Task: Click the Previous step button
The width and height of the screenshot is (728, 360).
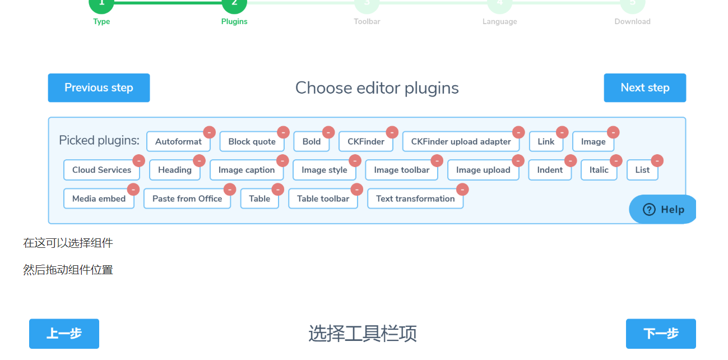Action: click(x=99, y=88)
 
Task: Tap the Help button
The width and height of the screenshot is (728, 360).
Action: click(x=663, y=209)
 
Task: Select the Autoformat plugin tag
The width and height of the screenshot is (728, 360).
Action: click(x=178, y=141)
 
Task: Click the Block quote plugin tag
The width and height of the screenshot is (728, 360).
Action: click(x=252, y=141)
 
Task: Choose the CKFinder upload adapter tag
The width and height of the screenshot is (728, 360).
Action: click(x=461, y=141)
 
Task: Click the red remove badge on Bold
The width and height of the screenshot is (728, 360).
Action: click(x=328, y=132)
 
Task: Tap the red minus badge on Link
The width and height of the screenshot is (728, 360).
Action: click(x=562, y=132)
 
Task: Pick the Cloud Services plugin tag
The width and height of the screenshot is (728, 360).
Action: click(x=101, y=170)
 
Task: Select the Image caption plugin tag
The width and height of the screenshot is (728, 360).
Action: click(x=247, y=170)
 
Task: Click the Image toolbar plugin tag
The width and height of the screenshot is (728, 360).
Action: click(x=401, y=170)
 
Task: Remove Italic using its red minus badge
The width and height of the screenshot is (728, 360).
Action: click(x=616, y=161)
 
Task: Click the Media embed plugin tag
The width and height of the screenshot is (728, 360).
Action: click(x=99, y=199)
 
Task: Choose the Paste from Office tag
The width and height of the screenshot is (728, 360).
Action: click(x=187, y=199)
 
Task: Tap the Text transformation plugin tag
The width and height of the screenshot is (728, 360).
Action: click(x=415, y=199)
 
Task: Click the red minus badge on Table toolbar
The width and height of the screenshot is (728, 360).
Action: click(x=356, y=190)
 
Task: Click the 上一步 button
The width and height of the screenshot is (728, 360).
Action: click(x=64, y=334)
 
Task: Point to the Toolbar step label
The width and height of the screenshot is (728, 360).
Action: click(x=367, y=22)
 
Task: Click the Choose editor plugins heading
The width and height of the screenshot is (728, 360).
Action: click(x=377, y=88)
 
